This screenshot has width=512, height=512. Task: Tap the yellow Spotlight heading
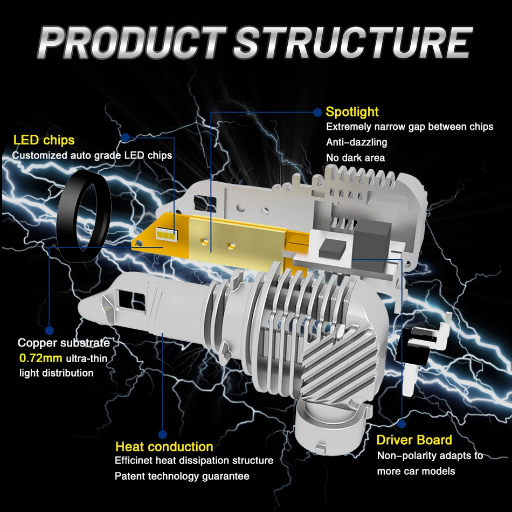pos(352,112)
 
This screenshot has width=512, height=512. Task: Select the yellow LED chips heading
pos(44,141)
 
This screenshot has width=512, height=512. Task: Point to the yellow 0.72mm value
pos(41,358)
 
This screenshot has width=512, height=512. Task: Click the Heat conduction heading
pos(164,447)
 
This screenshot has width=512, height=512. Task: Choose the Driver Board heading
pos(414,440)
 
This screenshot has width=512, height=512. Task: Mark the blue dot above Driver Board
pos(402,423)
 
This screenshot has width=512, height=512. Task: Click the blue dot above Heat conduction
pos(163,433)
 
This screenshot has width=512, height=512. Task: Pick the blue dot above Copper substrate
pos(50,330)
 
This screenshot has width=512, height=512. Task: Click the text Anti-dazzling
pos(357,142)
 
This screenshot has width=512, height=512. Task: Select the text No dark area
pos(356,158)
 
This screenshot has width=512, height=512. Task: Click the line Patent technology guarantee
pos(182,476)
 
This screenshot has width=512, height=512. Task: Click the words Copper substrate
pos(64,343)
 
